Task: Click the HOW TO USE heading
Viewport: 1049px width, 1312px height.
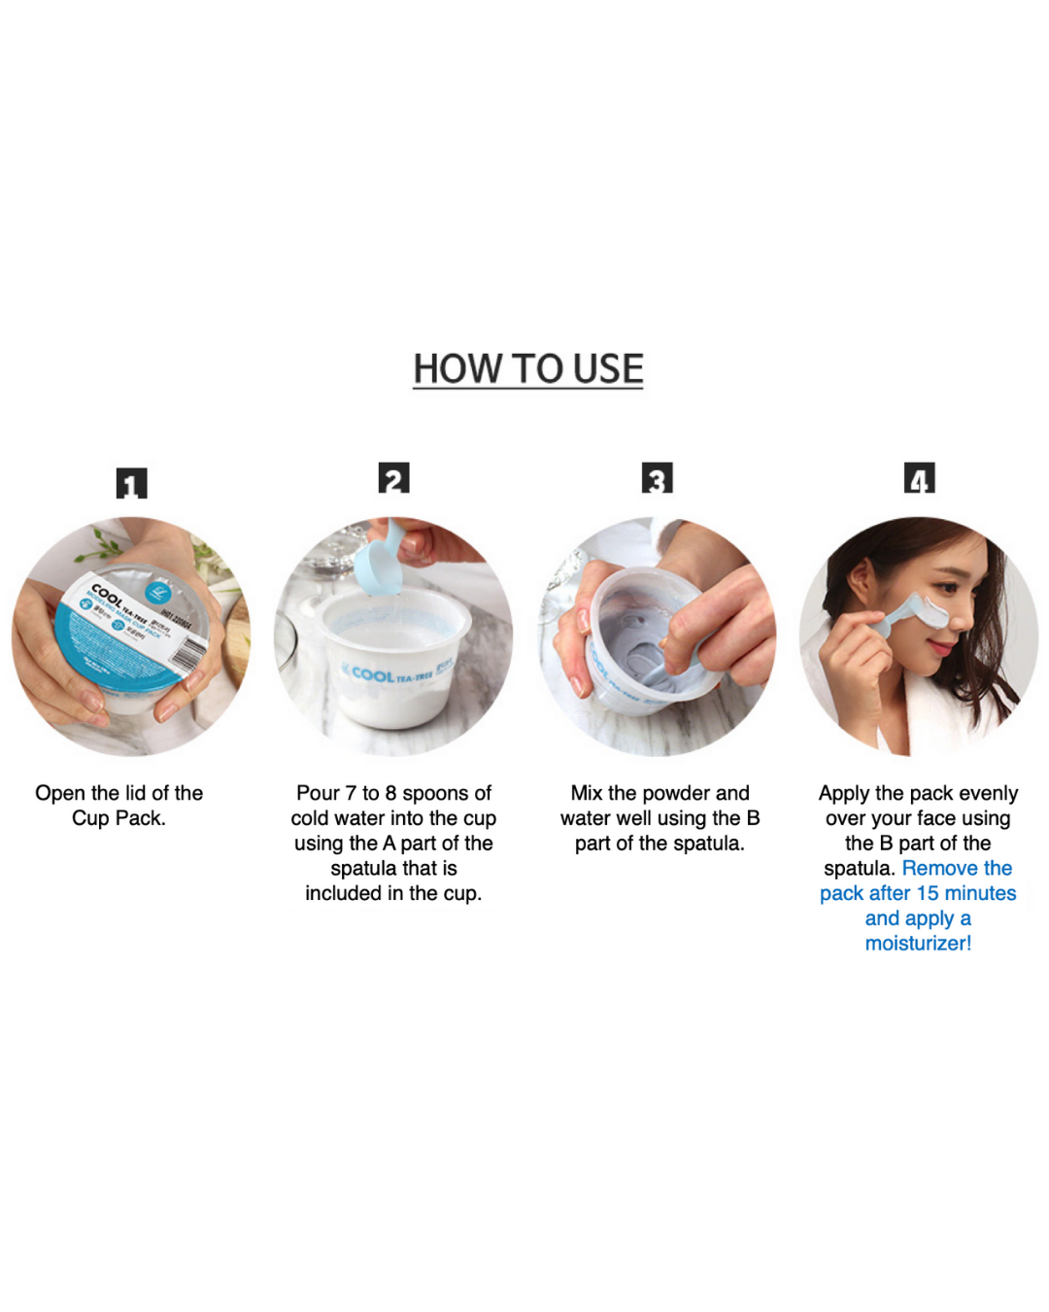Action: pos(527,369)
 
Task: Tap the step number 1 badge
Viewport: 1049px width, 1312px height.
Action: pos(131,483)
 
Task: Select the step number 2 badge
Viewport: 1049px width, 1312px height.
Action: pos(393,478)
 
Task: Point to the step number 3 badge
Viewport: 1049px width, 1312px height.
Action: pos(657,478)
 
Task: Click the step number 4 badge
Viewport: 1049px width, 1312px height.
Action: pos(919,478)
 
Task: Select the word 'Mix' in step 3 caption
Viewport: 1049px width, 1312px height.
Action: pos(587,793)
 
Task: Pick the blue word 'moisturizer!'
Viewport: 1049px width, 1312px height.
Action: pos(918,943)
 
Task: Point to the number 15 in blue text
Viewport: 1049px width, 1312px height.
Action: pos(927,893)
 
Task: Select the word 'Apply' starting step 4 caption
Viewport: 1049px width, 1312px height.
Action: pos(844,793)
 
